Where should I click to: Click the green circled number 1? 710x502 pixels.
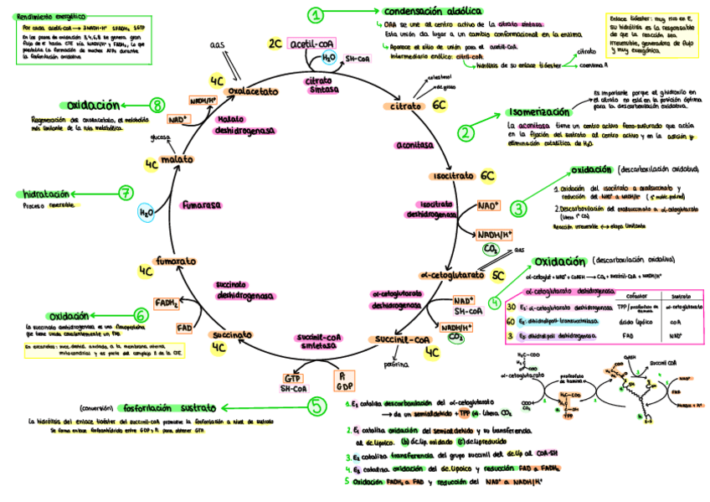[x=315, y=14]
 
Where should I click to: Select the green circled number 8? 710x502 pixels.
[x=157, y=105]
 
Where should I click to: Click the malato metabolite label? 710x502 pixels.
[x=177, y=159]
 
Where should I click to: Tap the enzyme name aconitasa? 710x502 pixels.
[x=414, y=144]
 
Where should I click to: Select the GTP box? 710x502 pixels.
[x=292, y=378]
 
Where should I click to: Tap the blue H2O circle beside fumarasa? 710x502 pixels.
[x=146, y=213]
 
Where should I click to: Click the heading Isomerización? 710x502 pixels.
[x=538, y=113]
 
